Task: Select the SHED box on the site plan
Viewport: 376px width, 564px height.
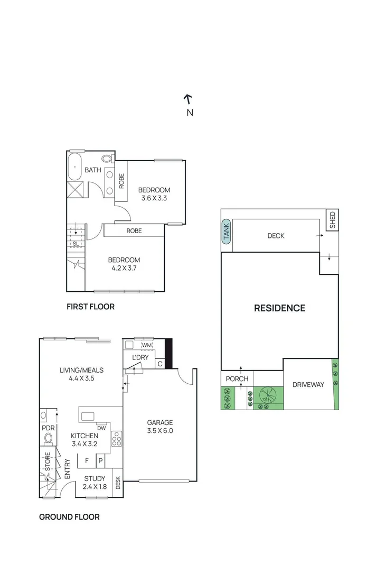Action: click(x=332, y=220)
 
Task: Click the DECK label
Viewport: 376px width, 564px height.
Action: click(x=275, y=236)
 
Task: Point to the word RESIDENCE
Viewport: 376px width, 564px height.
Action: click(x=279, y=308)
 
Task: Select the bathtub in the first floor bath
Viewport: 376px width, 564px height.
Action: click(x=75, y=167)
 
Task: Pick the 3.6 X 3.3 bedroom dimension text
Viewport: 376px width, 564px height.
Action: click(x=155, y=199)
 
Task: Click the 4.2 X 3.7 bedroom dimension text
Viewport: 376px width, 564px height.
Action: click(x=124, y=269)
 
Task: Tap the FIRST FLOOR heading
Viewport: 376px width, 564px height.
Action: click(x=90, y=307)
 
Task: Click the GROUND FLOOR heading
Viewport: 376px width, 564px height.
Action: click(x=69, y=517)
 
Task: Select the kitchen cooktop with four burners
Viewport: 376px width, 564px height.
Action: click(x=117, y=438)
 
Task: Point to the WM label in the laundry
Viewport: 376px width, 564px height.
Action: click(x=147, y=346)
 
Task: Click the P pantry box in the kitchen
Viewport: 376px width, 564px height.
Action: click(x=100, y=461)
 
